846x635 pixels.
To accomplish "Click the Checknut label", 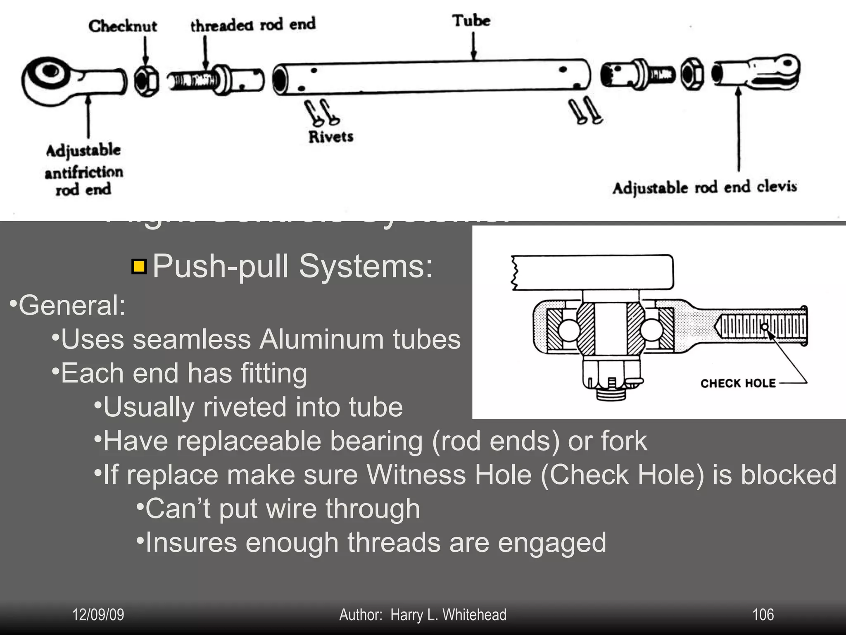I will (123, 26).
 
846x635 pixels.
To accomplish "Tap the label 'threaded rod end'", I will (252, 24).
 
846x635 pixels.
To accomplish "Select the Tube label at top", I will (471, 20).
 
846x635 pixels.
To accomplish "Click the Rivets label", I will (330, 137).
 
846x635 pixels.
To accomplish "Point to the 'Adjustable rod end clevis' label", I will (704, 188).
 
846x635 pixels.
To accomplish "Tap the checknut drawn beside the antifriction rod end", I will (146, 81).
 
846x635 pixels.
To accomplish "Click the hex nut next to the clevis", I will (692, 74).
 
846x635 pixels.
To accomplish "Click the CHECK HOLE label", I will (738, 383).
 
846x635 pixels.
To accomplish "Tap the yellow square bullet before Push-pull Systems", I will (139, 267).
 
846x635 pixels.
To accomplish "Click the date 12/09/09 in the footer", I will (98, 615).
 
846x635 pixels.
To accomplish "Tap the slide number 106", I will (763, 615).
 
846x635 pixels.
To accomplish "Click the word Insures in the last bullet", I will (191, 542).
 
